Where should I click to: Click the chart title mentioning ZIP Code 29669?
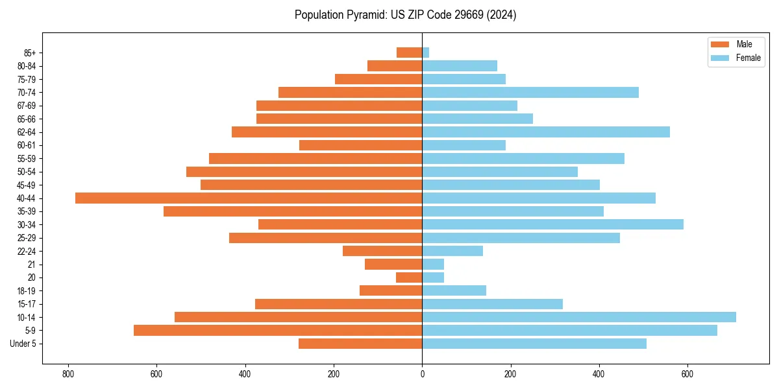(405, 15)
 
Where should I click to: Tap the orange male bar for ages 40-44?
(249, 198)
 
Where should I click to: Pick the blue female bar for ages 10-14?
(579, 317)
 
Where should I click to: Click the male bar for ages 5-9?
(278, 330)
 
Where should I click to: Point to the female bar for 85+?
(426, 53)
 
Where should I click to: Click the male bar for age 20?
(409, 277)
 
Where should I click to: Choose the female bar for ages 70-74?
(530, 92)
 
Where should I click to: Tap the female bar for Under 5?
(534, 344)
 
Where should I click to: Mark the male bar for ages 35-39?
(293, 211)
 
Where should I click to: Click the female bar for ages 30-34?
(552, 224)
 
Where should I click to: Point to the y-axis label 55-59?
(27, 158)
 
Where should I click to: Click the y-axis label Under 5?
(23, 344)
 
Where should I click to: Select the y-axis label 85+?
(29, 53)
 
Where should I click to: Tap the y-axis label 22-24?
(27, 251)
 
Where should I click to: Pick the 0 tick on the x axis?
(422, 374)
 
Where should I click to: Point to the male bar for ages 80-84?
(395, 65)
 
